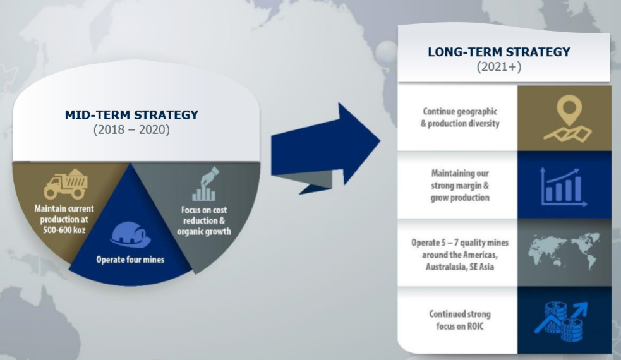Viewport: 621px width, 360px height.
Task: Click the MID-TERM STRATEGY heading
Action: click(131, 115)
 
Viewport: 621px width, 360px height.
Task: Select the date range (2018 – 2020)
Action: click(131, 129)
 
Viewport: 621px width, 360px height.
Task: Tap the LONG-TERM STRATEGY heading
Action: click(499, 52)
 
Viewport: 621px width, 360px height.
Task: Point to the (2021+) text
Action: click(499, 66)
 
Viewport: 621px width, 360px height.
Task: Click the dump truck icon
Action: click(66, 184)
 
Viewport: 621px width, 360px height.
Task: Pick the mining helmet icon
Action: click(130, 234)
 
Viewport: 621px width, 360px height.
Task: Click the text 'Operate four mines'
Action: click(130, 260)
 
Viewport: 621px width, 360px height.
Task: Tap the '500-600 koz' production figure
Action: click(64, 230)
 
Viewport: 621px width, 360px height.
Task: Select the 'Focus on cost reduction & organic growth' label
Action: click(203, 220)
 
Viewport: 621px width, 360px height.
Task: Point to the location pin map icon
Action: click(568, 118)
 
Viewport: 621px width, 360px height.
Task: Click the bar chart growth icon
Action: click(564, 186)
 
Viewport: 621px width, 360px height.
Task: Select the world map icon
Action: click(562, 253)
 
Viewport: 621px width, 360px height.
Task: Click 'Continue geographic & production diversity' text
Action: click(460, 117)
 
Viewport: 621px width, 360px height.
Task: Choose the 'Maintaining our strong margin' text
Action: click(460, 179)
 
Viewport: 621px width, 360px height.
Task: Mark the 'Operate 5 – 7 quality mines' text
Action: click(460, 243)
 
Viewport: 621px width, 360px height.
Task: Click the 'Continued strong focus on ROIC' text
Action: click(460, 320)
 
